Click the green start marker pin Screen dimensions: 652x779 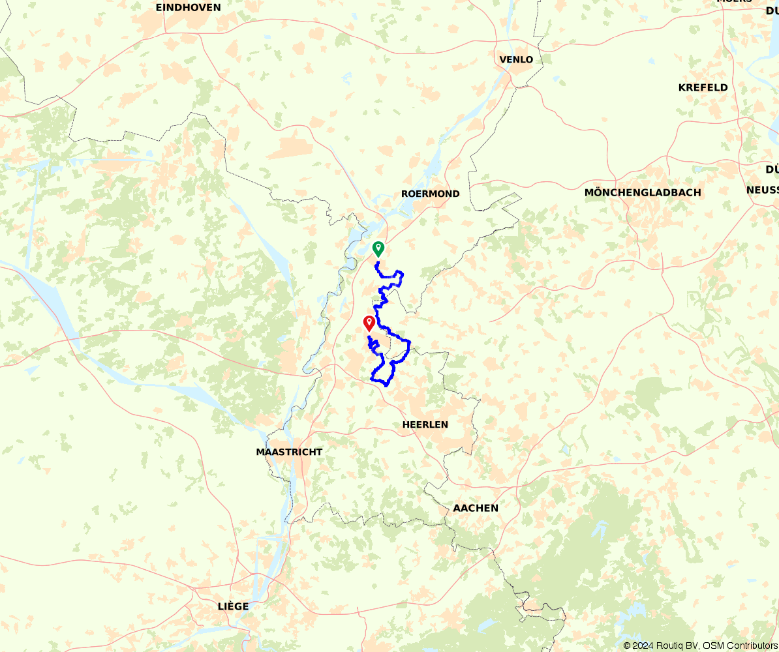coord(378,248)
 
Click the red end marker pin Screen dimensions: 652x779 coord(369,323)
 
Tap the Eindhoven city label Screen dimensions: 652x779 coord(188,8)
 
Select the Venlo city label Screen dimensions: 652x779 coord(516,60)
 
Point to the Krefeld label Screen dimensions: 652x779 coord(703,87)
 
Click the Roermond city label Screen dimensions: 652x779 coord(430,194)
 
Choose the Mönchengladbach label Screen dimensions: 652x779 coord(643,192)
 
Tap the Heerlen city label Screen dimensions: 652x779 coord(425,424)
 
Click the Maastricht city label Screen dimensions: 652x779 coord(289,452)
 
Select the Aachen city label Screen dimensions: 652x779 coord(476,508)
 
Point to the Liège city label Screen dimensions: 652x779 coord(233,606)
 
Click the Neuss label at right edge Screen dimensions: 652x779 coord(763,190)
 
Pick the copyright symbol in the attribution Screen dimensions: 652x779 coord(627,645)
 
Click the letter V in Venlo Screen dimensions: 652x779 coord(502,60)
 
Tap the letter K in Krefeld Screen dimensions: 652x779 coord(682,87)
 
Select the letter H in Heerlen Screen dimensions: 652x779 coord(406,424)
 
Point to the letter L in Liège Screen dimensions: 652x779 coord(221,606)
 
